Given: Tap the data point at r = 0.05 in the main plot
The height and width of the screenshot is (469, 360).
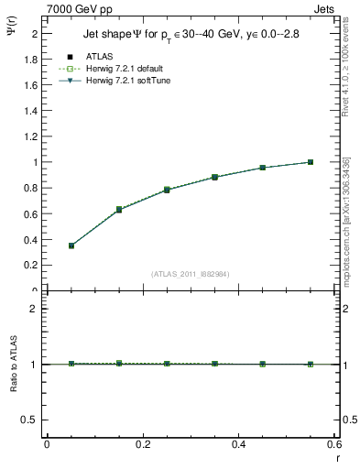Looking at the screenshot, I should tap(71, 245).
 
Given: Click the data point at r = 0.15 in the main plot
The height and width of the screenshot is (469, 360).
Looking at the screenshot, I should tap(119, 210).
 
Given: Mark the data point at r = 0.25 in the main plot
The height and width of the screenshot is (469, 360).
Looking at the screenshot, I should tap(167, 190).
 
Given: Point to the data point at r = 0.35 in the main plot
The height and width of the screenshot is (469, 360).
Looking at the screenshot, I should tap(214, 177).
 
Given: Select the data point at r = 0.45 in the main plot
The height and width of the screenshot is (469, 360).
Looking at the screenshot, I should tap(263, 168).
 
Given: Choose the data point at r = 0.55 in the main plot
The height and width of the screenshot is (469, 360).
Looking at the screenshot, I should tap(311, 162).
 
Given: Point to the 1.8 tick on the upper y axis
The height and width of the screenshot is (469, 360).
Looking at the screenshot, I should tap(32, 59).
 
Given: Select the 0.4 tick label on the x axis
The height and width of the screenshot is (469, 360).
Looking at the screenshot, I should tap(238, 443).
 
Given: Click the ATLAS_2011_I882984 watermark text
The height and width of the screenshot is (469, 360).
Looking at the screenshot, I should tap(191, 274).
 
